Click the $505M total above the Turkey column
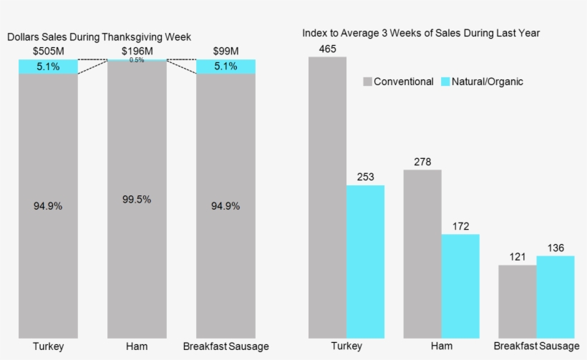(48, 52)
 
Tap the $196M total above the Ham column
(137, 52)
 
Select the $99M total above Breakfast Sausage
(225, 52)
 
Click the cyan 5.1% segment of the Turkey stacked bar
(48, 67)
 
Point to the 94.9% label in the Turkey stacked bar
(48, 206)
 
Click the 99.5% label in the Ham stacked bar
(137, 200)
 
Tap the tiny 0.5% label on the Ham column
(137, 60)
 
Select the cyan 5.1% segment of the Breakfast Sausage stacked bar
(225, 67)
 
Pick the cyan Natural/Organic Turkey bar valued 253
(365, 261)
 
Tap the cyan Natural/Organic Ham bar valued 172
(460, 286)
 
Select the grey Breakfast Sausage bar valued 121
(517, 301)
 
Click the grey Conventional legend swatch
(368, 82)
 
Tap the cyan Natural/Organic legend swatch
(445, 82)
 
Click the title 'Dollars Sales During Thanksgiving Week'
(99, 37)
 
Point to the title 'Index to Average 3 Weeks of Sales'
(421, 33)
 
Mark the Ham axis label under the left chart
(137, 346)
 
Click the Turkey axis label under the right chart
(346, 346)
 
